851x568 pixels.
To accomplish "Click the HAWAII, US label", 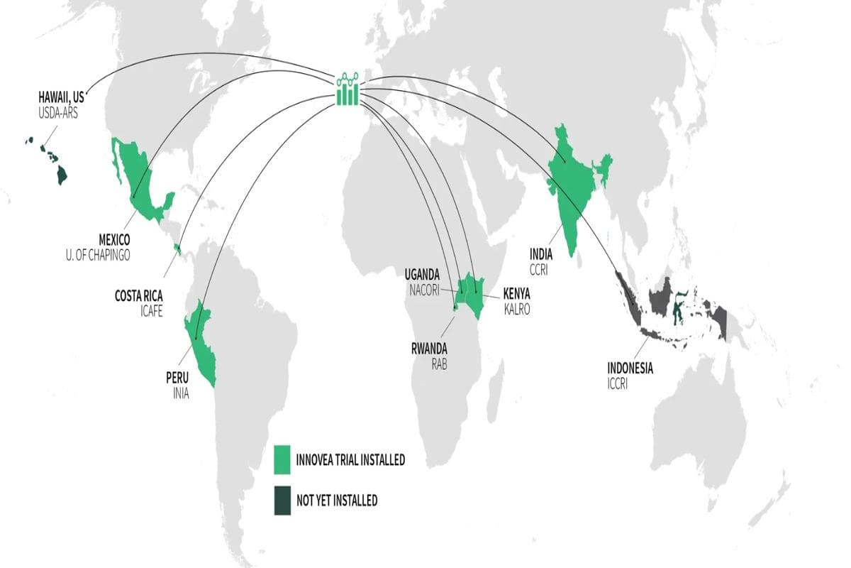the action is point(61,97).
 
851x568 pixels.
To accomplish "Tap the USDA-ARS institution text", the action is point(58,111).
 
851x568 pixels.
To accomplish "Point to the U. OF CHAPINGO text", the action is point(94,255).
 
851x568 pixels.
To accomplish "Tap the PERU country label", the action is point(177,377).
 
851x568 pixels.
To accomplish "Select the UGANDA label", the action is point(422,274).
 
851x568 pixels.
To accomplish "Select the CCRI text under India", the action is point(539,268).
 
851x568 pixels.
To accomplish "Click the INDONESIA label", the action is point(630,368).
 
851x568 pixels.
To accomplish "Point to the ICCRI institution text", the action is point(618,384).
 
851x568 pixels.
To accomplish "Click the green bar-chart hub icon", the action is point(348,89).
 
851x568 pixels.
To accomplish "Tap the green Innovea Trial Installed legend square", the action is point(283,460).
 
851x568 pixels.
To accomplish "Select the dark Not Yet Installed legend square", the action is point(283,501).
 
